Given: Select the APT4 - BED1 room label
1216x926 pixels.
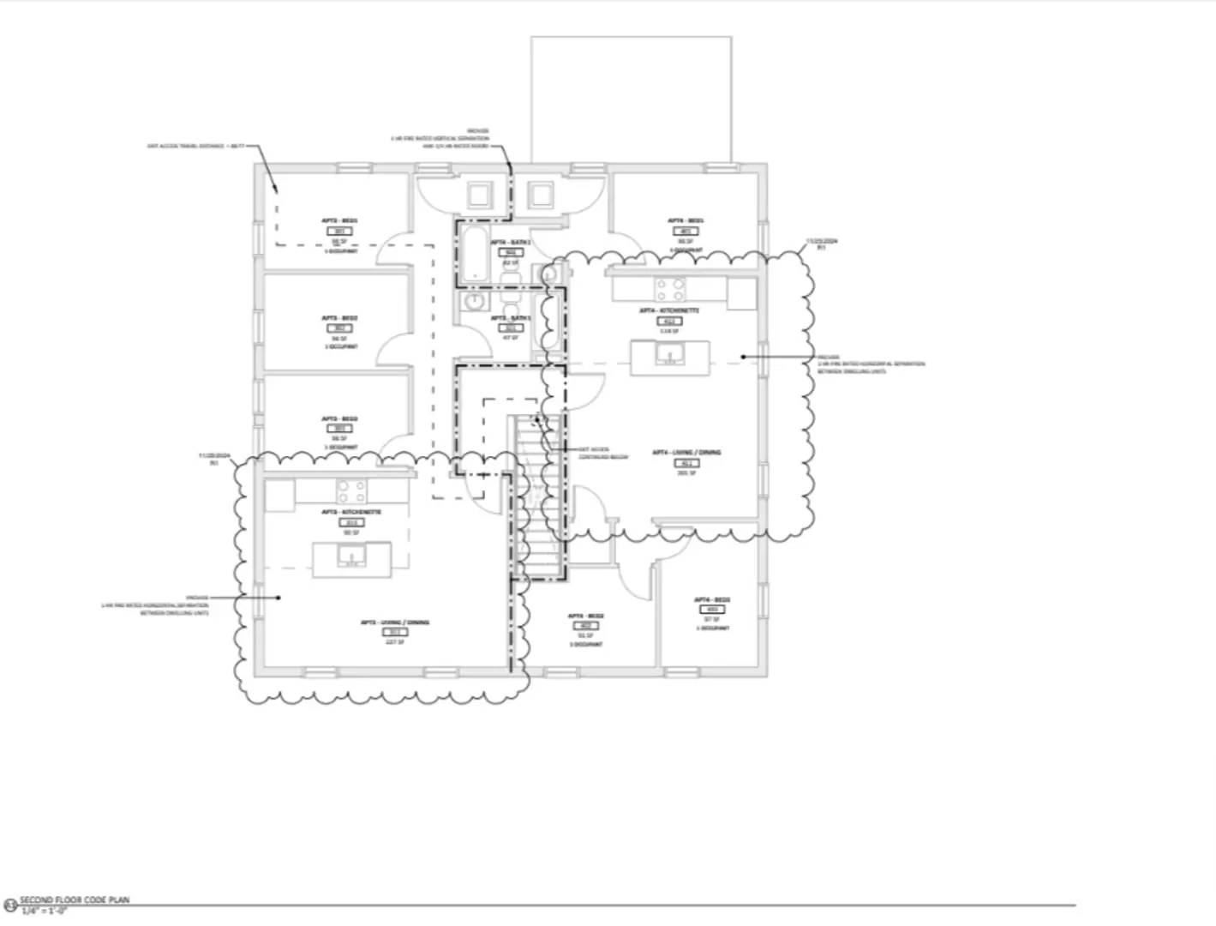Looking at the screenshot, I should click(x=686, y=221).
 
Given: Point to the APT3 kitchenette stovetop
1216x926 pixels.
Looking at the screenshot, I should click(x=351, y=491).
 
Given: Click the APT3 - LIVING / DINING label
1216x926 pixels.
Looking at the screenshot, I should click(x=395, y=622).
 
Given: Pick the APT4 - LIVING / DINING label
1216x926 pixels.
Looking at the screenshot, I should click(x=686, y=452).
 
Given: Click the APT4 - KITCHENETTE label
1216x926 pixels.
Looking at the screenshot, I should click(x=669, y=310).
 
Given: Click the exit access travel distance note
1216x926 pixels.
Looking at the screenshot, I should click(x=197, y=147).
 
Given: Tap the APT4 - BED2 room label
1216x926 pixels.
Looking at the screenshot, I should click(x=586, y=616).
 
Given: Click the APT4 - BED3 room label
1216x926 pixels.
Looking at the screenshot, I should click(x=712, y=599).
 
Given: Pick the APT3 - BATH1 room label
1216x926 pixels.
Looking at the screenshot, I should click(x=511, y=318).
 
